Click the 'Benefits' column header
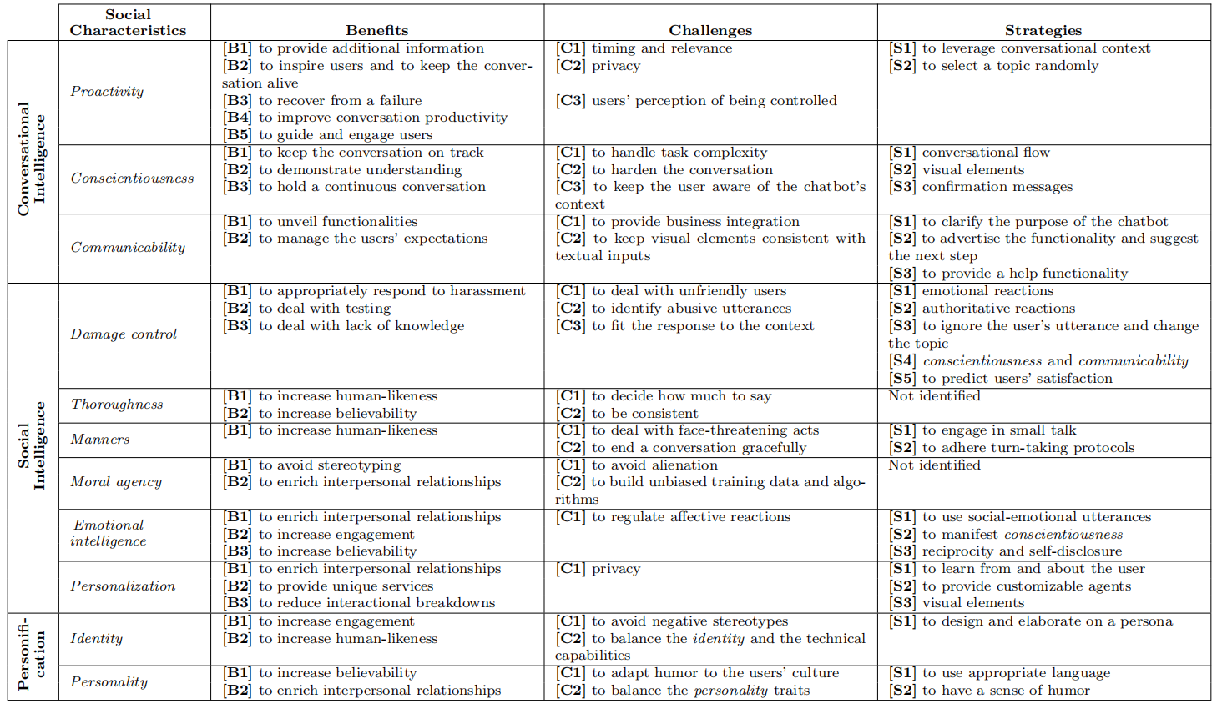377,30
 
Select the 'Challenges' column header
710,30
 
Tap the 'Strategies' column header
1043,30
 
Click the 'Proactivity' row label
107,92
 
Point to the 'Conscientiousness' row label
132,179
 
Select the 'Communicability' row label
128,248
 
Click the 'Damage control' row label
124,334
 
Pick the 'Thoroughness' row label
117,405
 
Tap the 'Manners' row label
100,440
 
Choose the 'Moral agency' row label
116,482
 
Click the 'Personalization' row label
123,586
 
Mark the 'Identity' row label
96,639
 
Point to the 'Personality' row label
109,682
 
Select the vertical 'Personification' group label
32,656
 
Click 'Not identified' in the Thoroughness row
934,396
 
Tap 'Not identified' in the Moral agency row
934,465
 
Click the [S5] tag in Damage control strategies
902,379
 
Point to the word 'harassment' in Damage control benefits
487,291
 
